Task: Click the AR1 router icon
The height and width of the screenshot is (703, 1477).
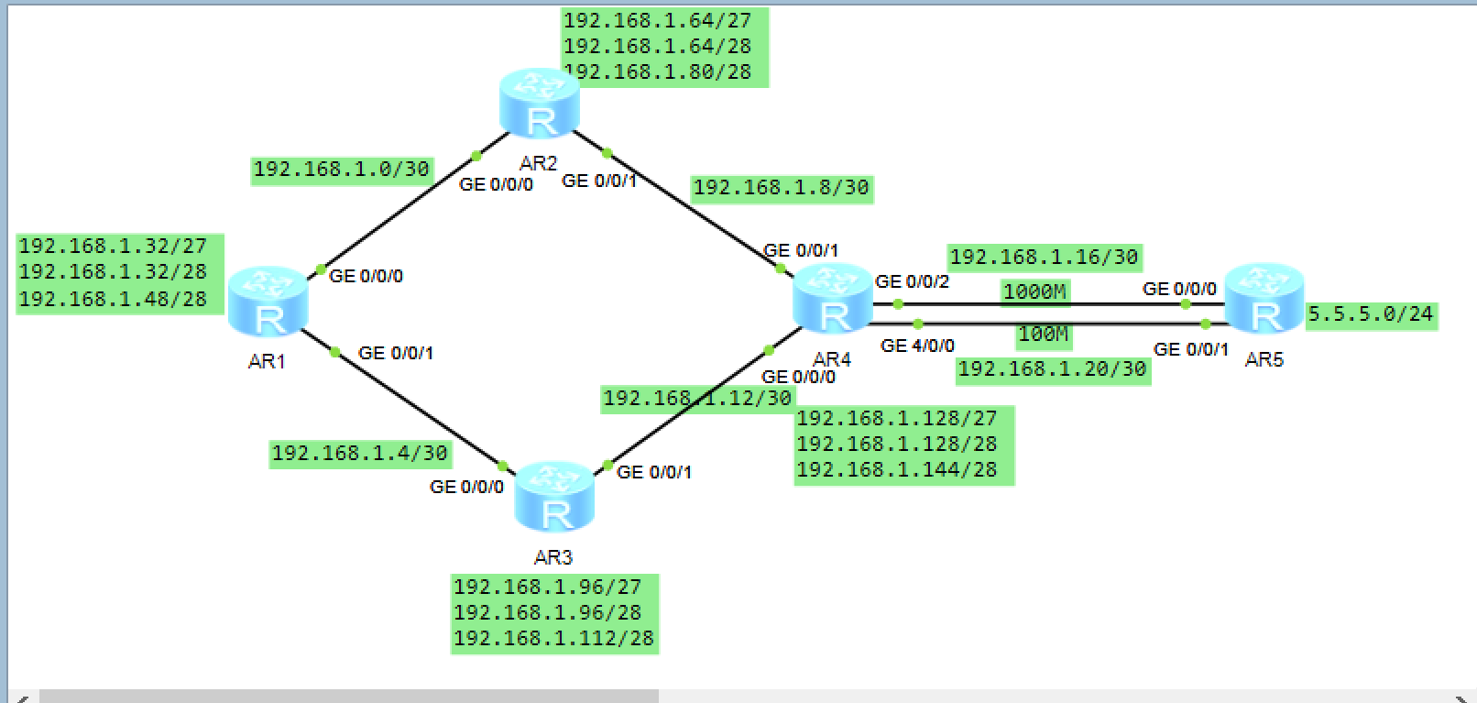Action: click(x=268, y=302)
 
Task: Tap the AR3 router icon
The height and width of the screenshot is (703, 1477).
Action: click(x=554, y=497)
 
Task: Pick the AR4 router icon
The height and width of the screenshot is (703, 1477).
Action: click(x=832, y=298)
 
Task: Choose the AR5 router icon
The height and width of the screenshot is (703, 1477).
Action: click(x=1264, y=298)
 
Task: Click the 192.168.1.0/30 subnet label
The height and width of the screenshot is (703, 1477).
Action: click(x=341, y=170)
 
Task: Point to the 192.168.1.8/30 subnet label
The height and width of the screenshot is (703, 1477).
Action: click(x=781, y=188)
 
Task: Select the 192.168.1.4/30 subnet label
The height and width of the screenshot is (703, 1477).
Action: click(x=359, y=454)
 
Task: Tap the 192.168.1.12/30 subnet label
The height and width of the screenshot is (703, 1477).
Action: click(x=696, y=399)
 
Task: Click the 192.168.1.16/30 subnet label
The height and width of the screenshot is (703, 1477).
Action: click(x=1044, y=258)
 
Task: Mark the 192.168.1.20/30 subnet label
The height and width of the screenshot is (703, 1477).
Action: click(x=1052, y=369)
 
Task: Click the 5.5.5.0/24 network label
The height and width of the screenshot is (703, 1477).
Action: click(x=1370, y=314)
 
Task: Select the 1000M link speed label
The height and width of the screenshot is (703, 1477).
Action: click(x=1034, y=292)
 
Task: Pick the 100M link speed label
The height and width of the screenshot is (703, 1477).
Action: click(x=1043, y=335)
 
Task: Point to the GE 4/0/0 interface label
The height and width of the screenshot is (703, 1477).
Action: click(x=917, y=346)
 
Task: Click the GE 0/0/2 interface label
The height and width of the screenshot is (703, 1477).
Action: click(x=912, y=281)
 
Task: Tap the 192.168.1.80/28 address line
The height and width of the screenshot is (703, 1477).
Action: click(x=658, y=71)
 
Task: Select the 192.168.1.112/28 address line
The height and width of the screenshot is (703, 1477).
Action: click(x=553, y=638)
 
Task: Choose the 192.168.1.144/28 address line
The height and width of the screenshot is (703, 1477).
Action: click(x=896, y=469)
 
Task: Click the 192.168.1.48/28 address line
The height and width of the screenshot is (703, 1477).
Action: click(x=113, y=299)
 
